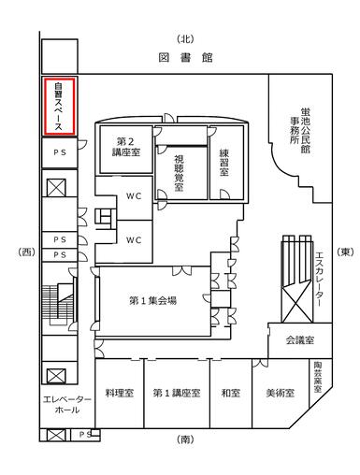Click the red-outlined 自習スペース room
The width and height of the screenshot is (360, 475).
pyautogui.click(x=59, y=107)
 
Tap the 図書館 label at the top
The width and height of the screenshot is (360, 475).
pyautogui.click(x=186, y=58)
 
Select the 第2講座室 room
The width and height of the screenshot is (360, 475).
pyautogui.click(x=126, y=149)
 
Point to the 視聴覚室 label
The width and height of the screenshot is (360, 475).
pyautogui.click(x=179, y=173)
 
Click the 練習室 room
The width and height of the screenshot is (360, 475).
pyautogui.click(x=226, y=163)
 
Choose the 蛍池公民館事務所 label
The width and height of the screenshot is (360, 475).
pyautogui.click(x=300, y=130)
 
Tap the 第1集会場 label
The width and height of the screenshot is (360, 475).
pyautogui.click(x=152, y=300)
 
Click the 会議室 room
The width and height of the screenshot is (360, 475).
pyautogui.click(x=300, y=340)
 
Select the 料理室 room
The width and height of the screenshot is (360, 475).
pyautogui.click(x=120, y=394)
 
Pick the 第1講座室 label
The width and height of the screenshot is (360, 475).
pyautogui.click(x=177, y=393)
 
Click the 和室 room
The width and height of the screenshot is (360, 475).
pyautogui.click(x=231, y=394)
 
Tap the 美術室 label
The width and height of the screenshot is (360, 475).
pyautogui.click(x=281, y=393)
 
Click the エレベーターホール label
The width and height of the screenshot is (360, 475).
pyautogui.click(x=67, y=405)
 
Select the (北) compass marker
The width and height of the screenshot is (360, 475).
pyautogui.click(x=186, y=39)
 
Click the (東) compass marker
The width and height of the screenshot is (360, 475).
pyautogui.click(x=345, y=252)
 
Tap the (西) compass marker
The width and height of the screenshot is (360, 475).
pyautogui.click(x=26, y=252)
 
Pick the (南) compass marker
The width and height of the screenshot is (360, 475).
pyautogui.click(x=186, y=439)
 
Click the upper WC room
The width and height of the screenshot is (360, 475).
pyautogui.click(x=134, y=196)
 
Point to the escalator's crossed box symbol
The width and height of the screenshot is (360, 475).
pyautogui.click(x=296, y=304)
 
